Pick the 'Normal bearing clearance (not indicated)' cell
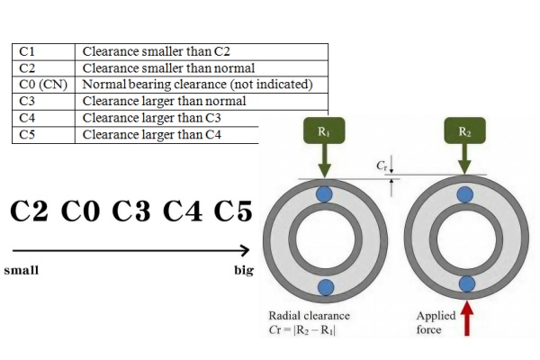pos(197,85)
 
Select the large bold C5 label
pos(235,211)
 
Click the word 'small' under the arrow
pos(22,269)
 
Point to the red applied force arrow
pos(465,319)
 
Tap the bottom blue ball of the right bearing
pos(466,284)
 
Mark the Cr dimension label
pos(381,166)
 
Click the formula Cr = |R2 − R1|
pos(310,330)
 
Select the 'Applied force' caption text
pos(436,323)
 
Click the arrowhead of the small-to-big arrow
pos(245,250)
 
